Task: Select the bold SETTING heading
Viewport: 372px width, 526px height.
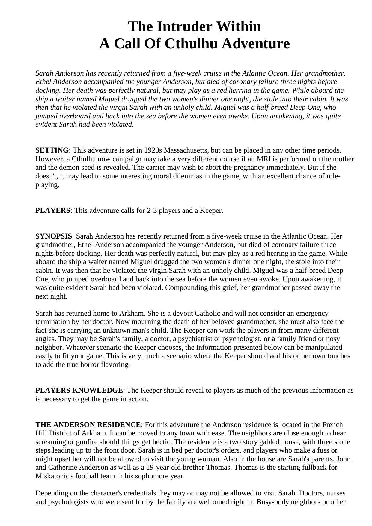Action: (x=52, y=150)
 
